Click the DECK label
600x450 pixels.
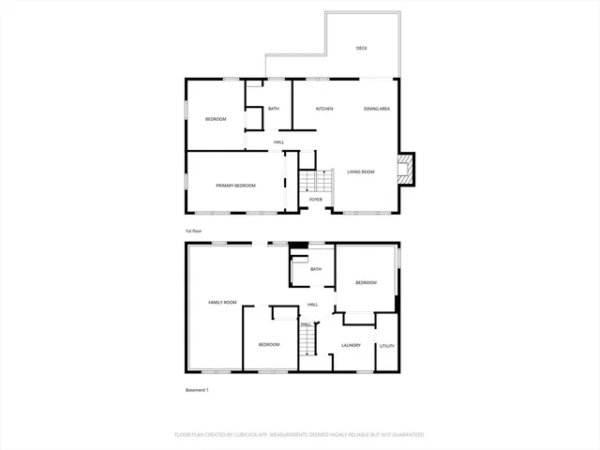pos(362,48)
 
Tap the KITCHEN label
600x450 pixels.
pos(324,109)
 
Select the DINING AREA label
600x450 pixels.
pos(377,109)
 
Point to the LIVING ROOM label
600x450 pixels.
pos(361,172)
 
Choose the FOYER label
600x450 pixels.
pos(316,200)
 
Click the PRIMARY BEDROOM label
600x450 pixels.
pos(235,186)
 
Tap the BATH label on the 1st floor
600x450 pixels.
pos(274,109)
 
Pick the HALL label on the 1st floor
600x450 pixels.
pos(278,142)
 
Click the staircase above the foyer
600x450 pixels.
pos(317,180)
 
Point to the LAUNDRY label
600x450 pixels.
pos(352,345)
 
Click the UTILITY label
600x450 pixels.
pos(386,346)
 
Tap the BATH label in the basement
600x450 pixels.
pos(317,270)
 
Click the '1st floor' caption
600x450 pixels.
pos(194,231)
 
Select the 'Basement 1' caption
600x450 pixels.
pos(197,390)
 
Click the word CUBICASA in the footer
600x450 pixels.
pos(241,435)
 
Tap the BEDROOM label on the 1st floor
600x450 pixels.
pos(216,119)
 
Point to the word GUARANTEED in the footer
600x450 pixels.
pos(404,435)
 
